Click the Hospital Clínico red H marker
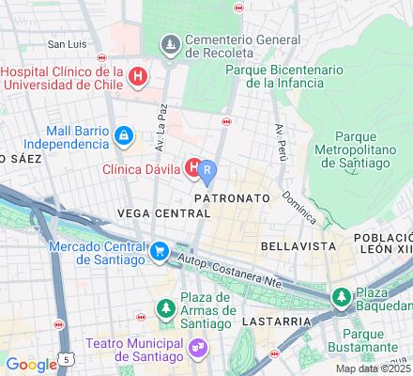coord(138,76)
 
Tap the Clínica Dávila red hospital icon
coord(194,169)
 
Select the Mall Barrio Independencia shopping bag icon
coord(123,137)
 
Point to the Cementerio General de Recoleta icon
coord(170,43)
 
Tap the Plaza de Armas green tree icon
coord(165,307)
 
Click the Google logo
coord(31,365)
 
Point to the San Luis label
coord(68,44)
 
